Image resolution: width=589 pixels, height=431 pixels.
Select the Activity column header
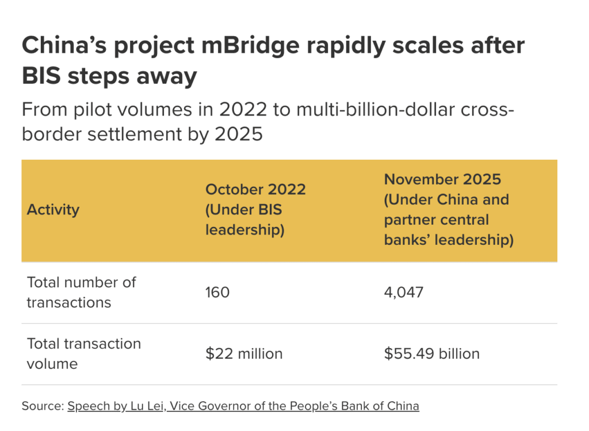point(53,210)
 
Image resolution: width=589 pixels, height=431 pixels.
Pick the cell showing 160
point(217,293)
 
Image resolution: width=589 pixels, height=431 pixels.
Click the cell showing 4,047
point(403,293)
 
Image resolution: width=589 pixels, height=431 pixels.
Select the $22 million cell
point(244,353)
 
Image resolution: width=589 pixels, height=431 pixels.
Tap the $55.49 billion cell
point(431,353)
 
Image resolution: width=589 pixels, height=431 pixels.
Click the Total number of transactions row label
point(81,293)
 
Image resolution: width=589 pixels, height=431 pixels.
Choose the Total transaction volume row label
point(83,353)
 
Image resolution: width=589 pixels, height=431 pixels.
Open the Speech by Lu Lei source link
point(243,406)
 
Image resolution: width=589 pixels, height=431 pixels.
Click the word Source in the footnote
point(41,406)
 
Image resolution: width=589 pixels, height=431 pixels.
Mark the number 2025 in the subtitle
point(239,134)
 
